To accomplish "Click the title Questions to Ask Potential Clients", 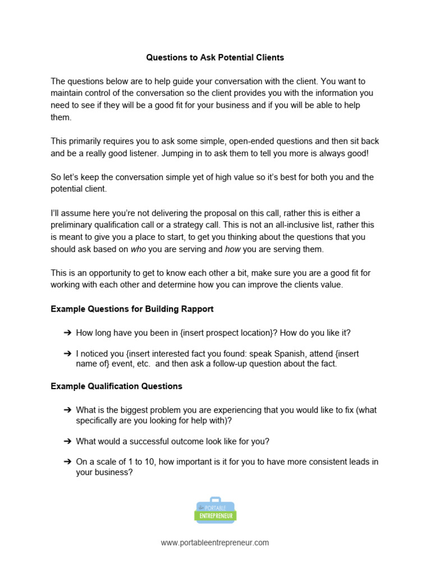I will (215, 57).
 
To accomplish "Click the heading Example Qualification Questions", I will (116, 386).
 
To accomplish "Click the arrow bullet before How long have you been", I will (67, 333).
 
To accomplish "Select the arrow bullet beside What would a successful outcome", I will (67, 441).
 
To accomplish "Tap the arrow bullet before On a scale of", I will (67, 462).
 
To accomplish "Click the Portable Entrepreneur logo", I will (215, 510).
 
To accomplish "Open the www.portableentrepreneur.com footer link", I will (215, 542).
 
